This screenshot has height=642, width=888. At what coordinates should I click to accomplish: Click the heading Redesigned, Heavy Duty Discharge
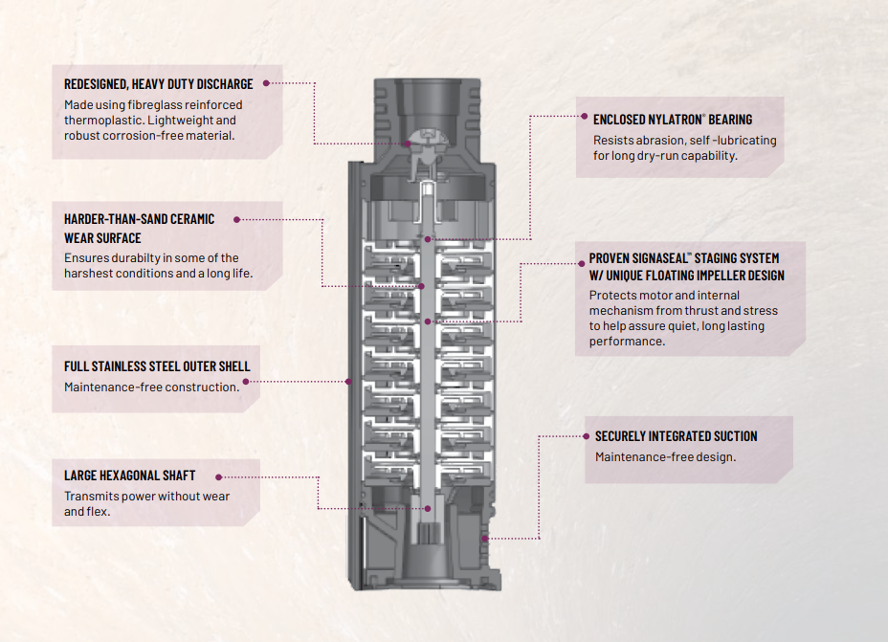click(159, 84)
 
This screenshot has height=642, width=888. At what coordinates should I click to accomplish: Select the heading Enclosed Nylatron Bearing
click(673, 120)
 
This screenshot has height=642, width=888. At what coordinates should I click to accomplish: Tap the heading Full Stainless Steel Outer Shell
click(157, 366)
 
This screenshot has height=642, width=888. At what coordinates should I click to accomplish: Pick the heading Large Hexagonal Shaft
click(130, 476)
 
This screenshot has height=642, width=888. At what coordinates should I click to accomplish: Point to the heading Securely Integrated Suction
click(677, 436)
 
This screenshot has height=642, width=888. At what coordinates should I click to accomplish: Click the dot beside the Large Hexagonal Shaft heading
click(218, 477)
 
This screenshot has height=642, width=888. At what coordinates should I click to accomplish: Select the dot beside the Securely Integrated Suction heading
click(587, 436)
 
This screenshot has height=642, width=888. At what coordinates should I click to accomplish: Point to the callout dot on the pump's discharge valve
click(408, 144)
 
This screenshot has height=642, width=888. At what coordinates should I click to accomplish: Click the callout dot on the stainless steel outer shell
click(348, 382)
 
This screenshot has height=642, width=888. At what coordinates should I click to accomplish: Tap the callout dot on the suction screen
click(485, 539)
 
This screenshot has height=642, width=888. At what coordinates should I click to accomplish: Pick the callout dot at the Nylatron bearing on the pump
click(428, 239)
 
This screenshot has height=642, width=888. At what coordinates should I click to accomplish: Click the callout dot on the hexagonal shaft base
click(428, 508)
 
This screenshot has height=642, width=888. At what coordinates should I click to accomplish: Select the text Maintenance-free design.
click(665, 457)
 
